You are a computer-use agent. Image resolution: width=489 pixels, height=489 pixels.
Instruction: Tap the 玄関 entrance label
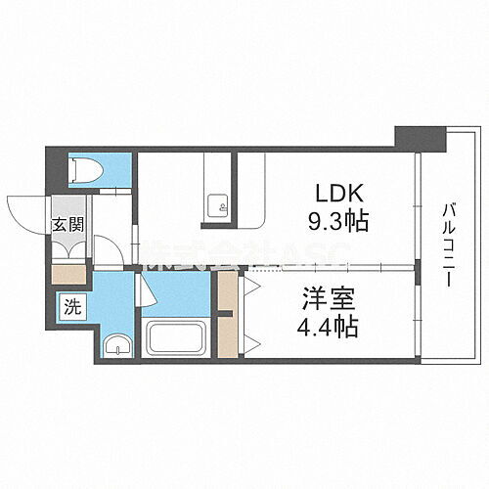pos(67,226)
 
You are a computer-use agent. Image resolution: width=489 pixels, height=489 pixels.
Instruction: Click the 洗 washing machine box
pos(73,304)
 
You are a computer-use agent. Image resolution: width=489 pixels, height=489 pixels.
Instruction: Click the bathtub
pos(175,338)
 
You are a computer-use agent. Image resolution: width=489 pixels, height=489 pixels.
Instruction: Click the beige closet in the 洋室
pos(226,316)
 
